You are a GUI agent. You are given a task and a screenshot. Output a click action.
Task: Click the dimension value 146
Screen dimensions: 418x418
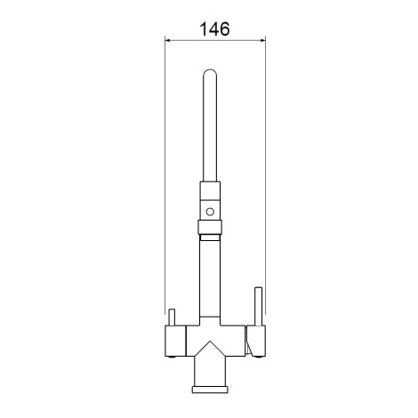(214, 29)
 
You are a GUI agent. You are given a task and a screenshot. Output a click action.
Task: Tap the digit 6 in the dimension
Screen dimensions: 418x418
(224, 29)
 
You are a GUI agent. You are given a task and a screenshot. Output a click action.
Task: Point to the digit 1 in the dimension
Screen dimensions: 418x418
(204, 29)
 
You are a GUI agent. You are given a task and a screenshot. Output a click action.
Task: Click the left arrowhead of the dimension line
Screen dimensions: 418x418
(168, 40)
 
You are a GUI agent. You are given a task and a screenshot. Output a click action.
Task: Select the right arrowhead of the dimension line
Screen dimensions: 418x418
(262, 40)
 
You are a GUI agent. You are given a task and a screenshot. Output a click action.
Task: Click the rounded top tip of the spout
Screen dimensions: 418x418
(210, 70)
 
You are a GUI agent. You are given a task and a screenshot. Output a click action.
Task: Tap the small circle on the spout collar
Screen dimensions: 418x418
(210, 212)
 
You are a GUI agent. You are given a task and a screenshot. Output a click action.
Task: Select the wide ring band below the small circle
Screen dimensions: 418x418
(210, 227)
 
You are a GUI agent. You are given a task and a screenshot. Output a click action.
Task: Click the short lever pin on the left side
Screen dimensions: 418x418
(172, 318)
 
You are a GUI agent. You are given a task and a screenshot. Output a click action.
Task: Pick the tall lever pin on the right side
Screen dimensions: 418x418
(259, 306)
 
